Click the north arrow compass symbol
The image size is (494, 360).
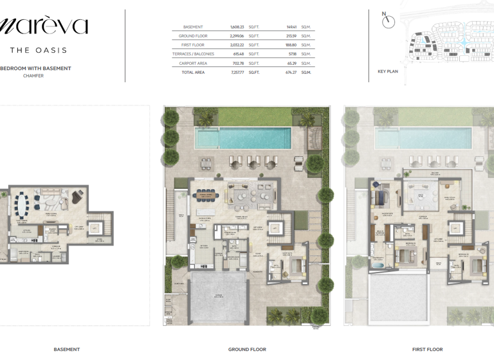click(x=388, y=21)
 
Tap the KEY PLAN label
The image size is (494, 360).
click(x=388, y=71)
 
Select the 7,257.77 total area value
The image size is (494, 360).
click(x=237, y=73)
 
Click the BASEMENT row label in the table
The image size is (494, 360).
click(x=193, y=27)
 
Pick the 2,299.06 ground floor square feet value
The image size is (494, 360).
click(x=237, y=36)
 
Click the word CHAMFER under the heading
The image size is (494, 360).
click(x=33, y=76)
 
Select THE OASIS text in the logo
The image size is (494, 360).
click(x=39, y=50)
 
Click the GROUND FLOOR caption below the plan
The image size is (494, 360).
click(x=247, y=349)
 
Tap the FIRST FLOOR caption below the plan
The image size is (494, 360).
click(x=427, y=349)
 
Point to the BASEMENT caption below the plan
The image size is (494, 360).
click(x=67, y=349)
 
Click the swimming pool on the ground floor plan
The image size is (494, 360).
click(x=244, y=138)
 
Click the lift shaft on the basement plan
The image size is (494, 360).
click(x=95, y=228)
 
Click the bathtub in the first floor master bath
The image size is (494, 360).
click(x=378, y=265)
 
